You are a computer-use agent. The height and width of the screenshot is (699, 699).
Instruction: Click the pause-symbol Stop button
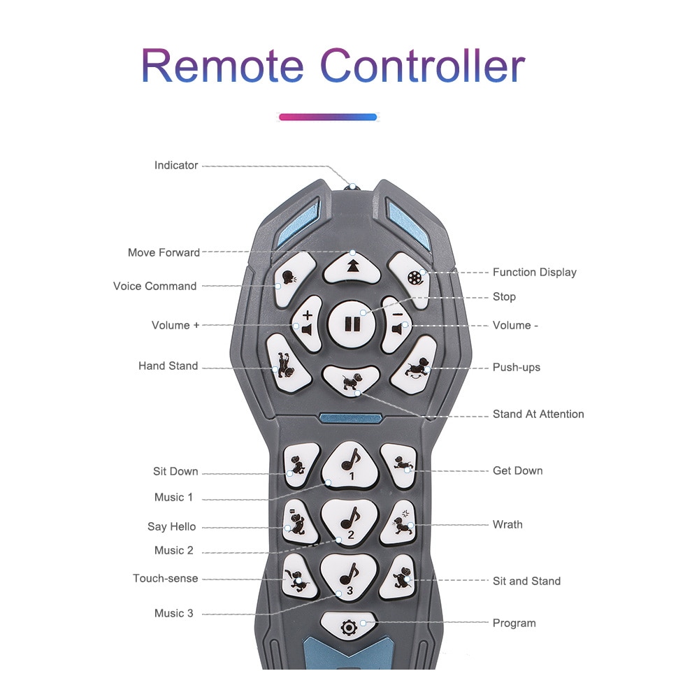(x=352, y=324)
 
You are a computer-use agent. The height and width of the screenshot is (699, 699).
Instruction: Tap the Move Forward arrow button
(x=352, y=268)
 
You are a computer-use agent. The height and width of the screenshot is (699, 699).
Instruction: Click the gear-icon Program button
(x=348, y=626)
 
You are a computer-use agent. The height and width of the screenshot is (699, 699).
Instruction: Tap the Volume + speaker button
(x=307, y=324)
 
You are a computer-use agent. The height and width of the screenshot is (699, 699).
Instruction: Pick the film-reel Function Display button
(x=411, y=279)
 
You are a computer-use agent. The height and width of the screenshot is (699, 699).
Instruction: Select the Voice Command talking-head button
(x=293, y=279)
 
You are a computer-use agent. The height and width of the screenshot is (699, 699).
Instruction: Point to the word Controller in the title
(x=423, y=66)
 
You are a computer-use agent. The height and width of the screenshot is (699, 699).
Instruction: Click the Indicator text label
(x=176, y=166)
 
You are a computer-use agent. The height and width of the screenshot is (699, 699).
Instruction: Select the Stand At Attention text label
(x=538, y=414)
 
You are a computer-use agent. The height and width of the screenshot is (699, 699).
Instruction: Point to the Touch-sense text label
(x=166, y=578)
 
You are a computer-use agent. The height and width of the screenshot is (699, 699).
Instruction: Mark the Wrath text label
(x=507, y=524)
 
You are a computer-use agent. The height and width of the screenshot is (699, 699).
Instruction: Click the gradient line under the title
(x=328, y=117)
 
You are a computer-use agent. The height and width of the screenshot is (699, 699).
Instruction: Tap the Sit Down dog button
(x=301, y=465)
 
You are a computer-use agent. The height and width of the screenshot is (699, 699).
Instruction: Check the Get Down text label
(x=517, y=470)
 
